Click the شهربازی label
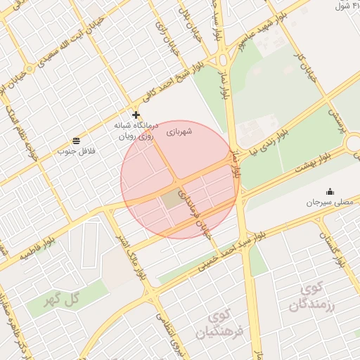pyautogui.click(x=180, y=131)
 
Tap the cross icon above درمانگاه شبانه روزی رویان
pyautogui.click(x=136, y=114)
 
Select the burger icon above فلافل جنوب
pyautogui.click(x=76, y=141)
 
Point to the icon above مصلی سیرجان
pyautogui.click(x=330, y=192)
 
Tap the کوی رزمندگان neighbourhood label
pyautogui.click(x=313, y=297)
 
